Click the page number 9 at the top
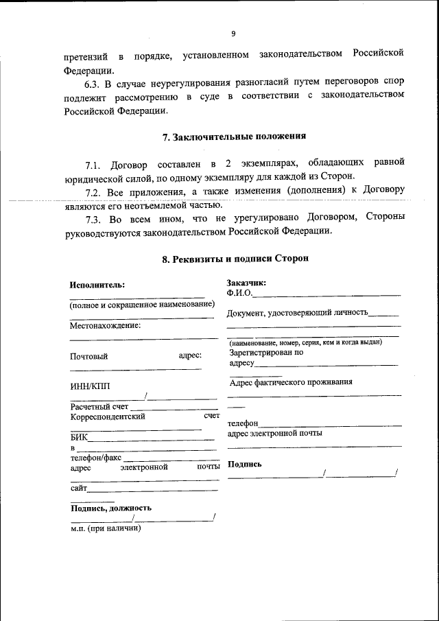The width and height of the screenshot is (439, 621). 233,34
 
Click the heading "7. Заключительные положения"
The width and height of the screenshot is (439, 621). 234,137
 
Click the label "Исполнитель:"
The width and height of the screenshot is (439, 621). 97,285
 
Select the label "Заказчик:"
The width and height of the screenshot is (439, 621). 246,283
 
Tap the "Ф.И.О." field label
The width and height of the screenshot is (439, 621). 239,293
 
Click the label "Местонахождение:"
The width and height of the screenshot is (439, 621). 105,325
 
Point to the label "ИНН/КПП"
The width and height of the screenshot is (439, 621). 89,386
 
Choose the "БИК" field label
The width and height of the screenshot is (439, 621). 79,437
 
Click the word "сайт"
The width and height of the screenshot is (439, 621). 78,488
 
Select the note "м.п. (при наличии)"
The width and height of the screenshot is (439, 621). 106,529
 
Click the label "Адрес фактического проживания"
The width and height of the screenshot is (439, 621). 291,382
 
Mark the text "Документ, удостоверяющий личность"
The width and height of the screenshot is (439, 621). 297,313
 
